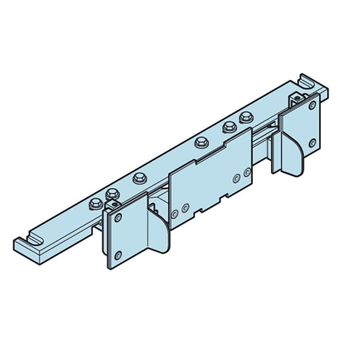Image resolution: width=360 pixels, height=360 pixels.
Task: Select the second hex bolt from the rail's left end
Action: pyautogui.click(x=112, y=193)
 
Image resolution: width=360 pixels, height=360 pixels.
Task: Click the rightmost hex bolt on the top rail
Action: pyautogui.click(x=246, y=116)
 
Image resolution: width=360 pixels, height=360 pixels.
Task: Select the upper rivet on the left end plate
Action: pyautogui.click(x=119, y=217)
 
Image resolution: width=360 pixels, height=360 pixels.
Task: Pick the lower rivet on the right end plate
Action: pyautogui.click(x=312, y=143)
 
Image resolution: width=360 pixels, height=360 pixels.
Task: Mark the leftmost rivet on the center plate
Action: pyautogui.click(x=175, y=213)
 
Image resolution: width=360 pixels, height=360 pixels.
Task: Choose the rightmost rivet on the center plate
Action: pyautogui.click(x=247, y=172)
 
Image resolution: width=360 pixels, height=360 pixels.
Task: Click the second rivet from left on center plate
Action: pyautogui.click(x=185, y=207)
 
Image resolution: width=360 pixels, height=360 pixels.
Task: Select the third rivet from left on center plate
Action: pyautogui.click(x=237, y=178)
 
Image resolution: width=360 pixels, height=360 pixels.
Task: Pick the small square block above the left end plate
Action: pyautogui.click(x=112, y=205)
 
